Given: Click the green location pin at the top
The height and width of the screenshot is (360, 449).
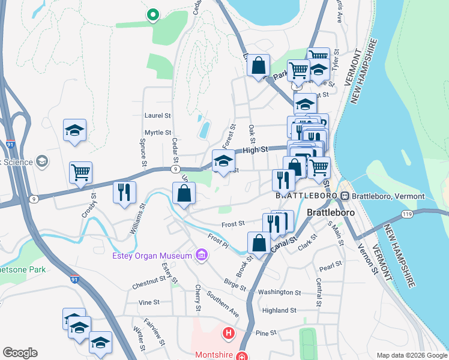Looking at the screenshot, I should click(x=152, y=14).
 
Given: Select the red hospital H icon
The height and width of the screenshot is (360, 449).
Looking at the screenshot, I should click(x=228, y=332).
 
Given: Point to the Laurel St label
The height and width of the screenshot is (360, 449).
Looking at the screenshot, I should click(x=158, y=115).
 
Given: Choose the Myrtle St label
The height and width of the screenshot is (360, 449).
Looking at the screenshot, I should click(x=158, y=133).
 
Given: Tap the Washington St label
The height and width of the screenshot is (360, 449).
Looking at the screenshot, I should click(x=279, y=292).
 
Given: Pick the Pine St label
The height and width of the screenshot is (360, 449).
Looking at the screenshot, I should click(x=265, y=332).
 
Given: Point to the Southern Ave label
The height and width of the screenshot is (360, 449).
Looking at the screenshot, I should click(x=223, y=304).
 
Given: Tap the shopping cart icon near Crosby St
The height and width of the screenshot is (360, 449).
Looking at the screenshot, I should click(x=80, y=173).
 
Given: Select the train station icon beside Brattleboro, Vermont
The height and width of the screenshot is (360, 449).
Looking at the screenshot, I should click(x=345, y=196).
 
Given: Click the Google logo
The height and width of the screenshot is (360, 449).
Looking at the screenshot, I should click(x=20, y=353).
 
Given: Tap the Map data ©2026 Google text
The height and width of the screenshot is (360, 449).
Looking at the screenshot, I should click(x=411, y=355).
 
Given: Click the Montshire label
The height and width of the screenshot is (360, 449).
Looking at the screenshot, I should click(x=214, y=355).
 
